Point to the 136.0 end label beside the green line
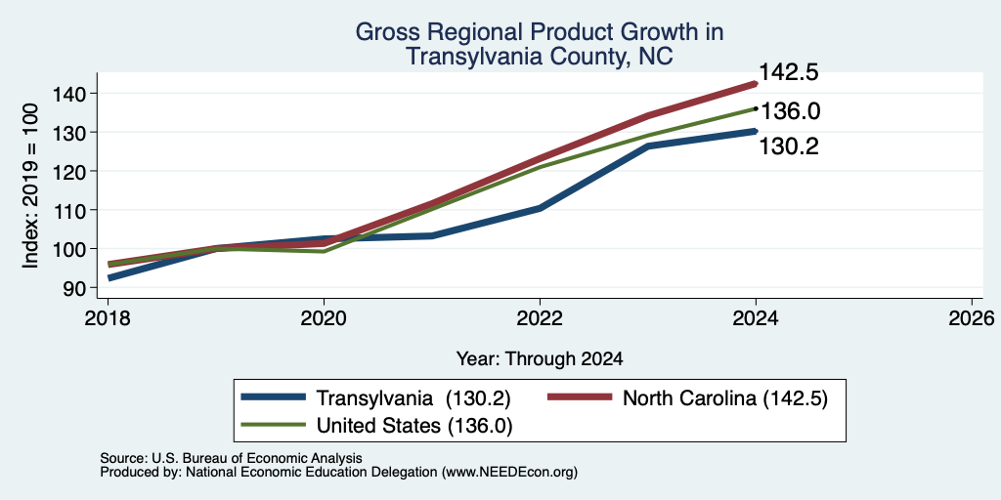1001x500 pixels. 790,111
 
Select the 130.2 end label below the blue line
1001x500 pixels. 789,146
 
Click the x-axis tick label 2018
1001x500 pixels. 108,318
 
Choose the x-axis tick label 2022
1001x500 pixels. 540,318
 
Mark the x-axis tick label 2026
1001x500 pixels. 972,318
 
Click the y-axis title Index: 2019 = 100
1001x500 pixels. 30,187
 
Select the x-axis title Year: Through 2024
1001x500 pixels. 540,359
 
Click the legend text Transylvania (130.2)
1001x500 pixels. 413,398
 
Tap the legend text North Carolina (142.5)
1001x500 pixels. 725,398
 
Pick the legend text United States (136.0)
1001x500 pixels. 414,426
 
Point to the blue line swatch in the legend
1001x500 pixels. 274,398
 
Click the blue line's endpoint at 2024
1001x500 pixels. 756,131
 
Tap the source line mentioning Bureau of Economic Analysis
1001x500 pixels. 231,458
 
